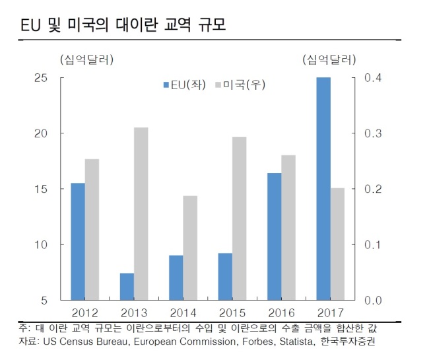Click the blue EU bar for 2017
pyautogui.click(x=323, y=189)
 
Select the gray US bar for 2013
pyautogui.click(x=141, y=213)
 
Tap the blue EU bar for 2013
pyautogui.click(x=127, y=287)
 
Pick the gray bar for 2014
pyautogui.click(x=190, y=248)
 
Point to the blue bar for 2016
pyautogui.click(x=275, y=236)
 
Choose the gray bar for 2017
pyautogui.click(x=338, y=244)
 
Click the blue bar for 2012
pyautogui.click(x=78, y=242)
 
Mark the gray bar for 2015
pyautogui.click(x=240, y=219)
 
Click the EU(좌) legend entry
pyautogui.click(x=185, y=85)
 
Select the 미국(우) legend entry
pyautogui.click(x=240, y=85)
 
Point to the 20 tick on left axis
pyautogui.click(x=41, y=133)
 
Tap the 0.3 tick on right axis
pyautogui.click(x=373, y=133)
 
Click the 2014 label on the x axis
pyautogui.click(x=183, y=313)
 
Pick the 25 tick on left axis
pyautogui.click(x=41, y=78)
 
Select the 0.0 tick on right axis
pyautogui.click(x=373, y=301)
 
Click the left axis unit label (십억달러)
pyautogui.click(x=86, y=59)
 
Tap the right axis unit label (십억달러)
pyautogui.click(x=329, y=59)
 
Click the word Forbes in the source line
pyautogui.click(x=259, y=342)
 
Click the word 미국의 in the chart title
pyautogui.click(x=88, y=25)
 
